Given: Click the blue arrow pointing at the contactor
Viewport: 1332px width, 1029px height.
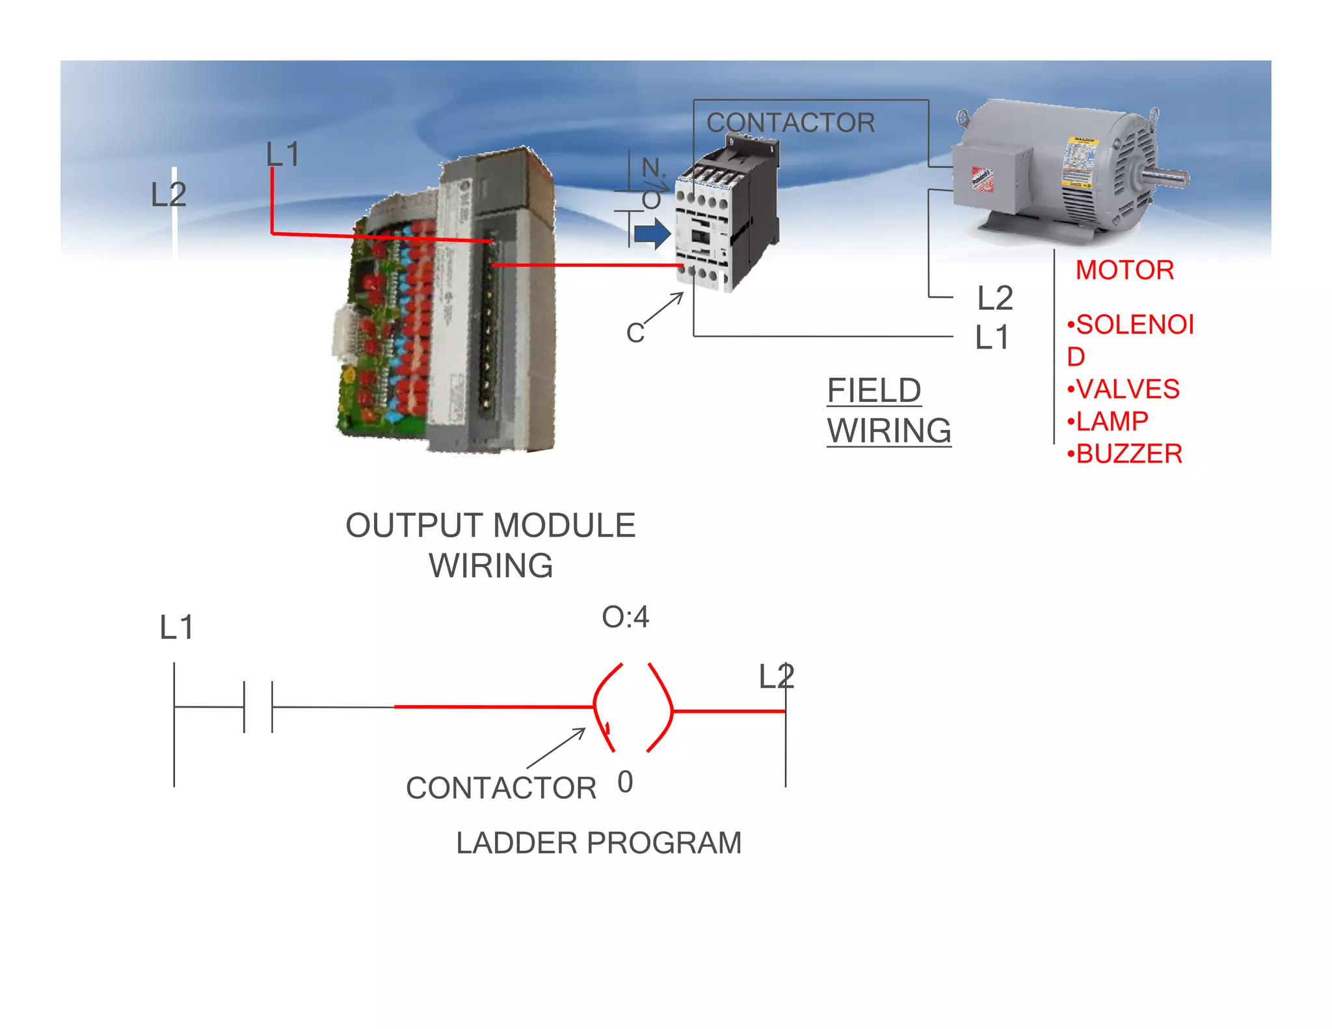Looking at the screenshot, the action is (x=652, y=234).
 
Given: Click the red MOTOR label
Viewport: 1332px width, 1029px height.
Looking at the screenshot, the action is (x=1125, y=270).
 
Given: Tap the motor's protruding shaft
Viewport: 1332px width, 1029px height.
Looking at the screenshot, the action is (x=1167, y=177).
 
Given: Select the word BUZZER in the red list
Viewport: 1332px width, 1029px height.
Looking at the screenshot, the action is (x=1129, y=454).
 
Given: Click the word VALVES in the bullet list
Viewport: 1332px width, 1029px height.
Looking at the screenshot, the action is (x=1128, y=390).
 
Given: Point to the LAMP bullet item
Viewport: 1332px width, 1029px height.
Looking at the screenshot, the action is (x=1112, y=421).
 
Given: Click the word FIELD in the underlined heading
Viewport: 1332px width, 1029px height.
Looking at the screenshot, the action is (x=873, y=391).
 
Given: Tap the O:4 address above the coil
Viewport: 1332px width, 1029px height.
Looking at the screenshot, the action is (x=625, y=617).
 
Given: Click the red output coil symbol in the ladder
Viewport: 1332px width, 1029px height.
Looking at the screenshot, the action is (x=633, y=708).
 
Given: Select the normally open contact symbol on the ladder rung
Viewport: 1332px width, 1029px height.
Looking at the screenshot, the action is (x=258, y=706).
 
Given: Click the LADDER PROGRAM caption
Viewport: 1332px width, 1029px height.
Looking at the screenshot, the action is (x=598, y=843).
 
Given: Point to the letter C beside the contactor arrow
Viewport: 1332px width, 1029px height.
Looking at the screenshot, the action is (x=635, y=333).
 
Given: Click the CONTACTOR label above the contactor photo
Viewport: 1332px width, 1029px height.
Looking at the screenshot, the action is (x=790, y=122).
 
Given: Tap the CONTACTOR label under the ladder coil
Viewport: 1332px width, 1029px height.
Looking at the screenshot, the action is (x=501, y=788).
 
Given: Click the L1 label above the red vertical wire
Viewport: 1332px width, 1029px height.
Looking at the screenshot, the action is (x=282, y=154).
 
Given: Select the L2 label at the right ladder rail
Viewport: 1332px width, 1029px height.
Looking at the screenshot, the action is (x=776, y=676).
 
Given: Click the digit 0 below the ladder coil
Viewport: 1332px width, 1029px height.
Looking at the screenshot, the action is (x=625, y=782).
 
